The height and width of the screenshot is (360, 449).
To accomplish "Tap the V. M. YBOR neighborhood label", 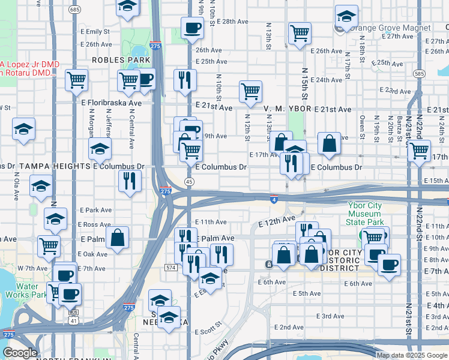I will click(285, 109).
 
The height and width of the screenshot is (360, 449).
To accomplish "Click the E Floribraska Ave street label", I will click(112, 103).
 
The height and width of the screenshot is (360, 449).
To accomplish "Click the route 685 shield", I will click(74, 10).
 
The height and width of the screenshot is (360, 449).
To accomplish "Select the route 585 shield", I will click(420, 74).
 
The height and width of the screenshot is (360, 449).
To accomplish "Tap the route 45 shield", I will click(189, 181).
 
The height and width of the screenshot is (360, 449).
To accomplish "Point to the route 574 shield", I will click(171, 267).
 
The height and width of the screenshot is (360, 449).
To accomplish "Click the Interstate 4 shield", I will click(273, 199).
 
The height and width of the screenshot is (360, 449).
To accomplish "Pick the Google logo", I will click(20, 353).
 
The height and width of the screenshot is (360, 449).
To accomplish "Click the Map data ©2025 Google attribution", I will click(412, 355).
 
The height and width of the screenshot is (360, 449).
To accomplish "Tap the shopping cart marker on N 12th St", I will click(250, 92).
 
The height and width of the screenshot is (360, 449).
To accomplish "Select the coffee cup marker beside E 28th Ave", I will click(192, 27).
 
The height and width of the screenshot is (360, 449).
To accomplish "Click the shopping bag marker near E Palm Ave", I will click(118, 237).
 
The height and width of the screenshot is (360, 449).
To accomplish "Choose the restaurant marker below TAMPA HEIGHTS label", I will click(130, 181).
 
